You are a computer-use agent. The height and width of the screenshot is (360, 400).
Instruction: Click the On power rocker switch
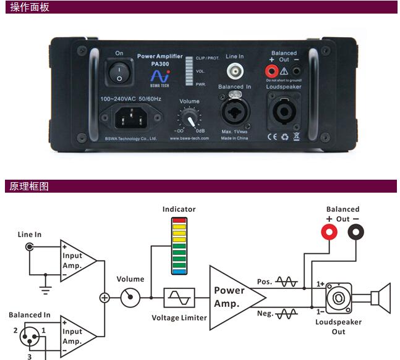119,72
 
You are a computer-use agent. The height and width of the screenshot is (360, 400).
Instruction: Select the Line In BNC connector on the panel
235,69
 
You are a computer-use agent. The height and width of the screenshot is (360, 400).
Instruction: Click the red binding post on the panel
271,70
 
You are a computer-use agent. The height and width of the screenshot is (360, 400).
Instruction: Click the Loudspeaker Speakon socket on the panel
283,111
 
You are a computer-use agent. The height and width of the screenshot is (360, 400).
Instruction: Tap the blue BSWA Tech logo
159,76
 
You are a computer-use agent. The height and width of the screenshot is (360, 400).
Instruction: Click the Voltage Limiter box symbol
179,298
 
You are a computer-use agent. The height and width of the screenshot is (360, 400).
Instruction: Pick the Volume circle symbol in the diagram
130,298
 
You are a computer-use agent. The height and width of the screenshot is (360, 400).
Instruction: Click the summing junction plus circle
104,298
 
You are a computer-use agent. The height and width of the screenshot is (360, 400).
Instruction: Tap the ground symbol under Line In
44,287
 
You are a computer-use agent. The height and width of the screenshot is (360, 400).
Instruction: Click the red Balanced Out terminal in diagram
328,232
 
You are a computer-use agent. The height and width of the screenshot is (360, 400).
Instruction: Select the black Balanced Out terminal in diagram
356,232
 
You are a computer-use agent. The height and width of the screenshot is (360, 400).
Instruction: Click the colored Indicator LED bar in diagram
179,246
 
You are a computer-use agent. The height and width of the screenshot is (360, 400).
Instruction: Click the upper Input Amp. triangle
77,259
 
